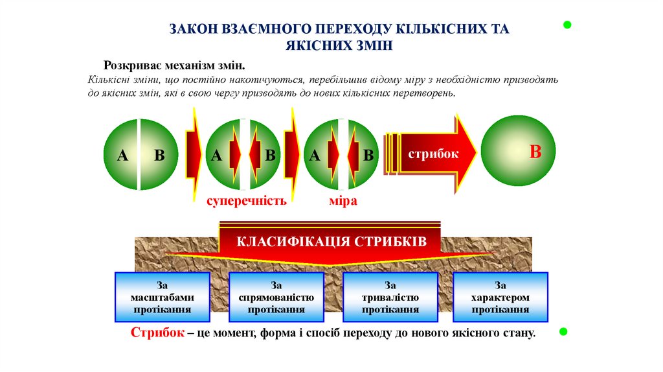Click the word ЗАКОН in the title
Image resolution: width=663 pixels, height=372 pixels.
[x=195, y=29]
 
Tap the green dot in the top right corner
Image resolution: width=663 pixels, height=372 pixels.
[x=567, y=25]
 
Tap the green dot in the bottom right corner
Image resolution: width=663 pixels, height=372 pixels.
[x=563, y=332]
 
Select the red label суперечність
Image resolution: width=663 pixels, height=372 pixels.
[x=246, y=201]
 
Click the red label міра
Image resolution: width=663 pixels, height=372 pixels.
[x=343, y=201]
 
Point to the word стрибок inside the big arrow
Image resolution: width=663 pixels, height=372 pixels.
[x=433, y=154]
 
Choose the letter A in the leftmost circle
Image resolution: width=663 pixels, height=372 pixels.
[x=121, y=156]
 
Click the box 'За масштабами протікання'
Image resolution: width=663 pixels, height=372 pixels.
[x=162, y=297]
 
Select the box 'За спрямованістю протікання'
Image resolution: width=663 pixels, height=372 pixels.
[x=276, y=297]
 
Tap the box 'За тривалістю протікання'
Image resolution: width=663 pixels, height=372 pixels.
[x=390, y=297]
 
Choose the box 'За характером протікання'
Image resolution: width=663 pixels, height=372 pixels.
[x=500, y=297]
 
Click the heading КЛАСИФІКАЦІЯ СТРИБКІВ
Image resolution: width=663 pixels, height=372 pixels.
[x=331, y=242]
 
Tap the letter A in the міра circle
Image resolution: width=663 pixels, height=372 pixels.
[x=315, y=156]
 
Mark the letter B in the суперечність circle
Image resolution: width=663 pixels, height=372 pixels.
[x=271, y=156]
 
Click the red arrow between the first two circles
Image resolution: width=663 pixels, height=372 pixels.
[x=193, y=154]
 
